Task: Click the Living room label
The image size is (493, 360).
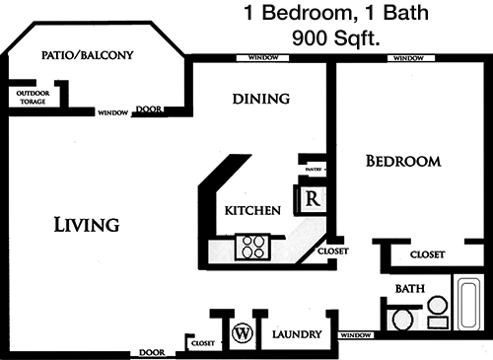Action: coord(87,225)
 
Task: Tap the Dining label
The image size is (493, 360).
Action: coord(261,99)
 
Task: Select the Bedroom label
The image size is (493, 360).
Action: coord(403,161)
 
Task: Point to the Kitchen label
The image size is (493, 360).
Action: coord(252,210)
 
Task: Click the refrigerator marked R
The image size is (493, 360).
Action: coord(312,199)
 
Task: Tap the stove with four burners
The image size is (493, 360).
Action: coord(253,248)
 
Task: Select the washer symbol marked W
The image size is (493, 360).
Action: coord(243,333)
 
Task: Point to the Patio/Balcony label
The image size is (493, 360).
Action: coord(88,55)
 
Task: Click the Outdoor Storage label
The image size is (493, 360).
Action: coord(33,98)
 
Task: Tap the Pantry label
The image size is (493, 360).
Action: coord(314,170)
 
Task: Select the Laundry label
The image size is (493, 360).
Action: coord(297,334)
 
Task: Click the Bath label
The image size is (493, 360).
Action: coord(410,289)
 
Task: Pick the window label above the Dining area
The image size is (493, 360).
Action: coord(263,58)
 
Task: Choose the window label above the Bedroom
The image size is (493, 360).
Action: coord(408,58)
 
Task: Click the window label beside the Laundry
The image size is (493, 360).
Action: coord(356,335)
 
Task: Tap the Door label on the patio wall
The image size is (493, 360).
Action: coord(149,109)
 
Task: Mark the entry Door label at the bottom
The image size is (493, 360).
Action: coord(152,352)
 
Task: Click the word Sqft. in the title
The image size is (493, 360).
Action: coord(357,38)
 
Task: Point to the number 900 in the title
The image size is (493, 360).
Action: coord(310,38)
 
